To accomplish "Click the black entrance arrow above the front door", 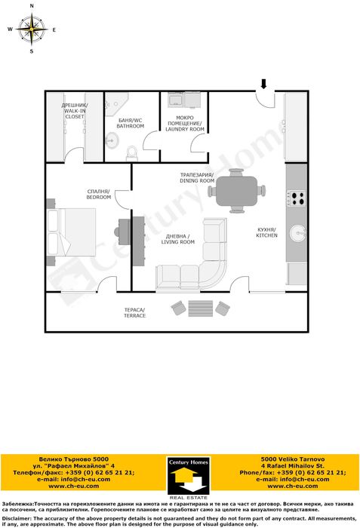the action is coord(263,84).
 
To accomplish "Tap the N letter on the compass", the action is coord(32,6).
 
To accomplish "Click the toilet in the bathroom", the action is coord(131,153).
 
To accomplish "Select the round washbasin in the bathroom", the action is coord(112,140).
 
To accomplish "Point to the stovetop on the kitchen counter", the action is coord(297,198).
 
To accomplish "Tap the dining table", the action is coord(237,191).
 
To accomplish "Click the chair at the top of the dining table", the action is coord(236,172).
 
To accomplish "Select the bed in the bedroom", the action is coord(72,232).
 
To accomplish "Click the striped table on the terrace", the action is coord(201,309).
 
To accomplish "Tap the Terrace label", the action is coord(134,313).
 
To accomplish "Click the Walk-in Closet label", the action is coord(75,111).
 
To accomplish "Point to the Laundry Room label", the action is coord(185,124).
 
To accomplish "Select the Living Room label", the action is coord(177,239).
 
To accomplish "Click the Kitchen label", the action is coord(266,232).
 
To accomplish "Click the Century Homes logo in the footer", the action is coord(188,476).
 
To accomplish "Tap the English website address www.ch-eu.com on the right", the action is coord(293,486).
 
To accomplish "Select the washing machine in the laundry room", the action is coord(175,100).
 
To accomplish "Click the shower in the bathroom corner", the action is coord(116,104).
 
